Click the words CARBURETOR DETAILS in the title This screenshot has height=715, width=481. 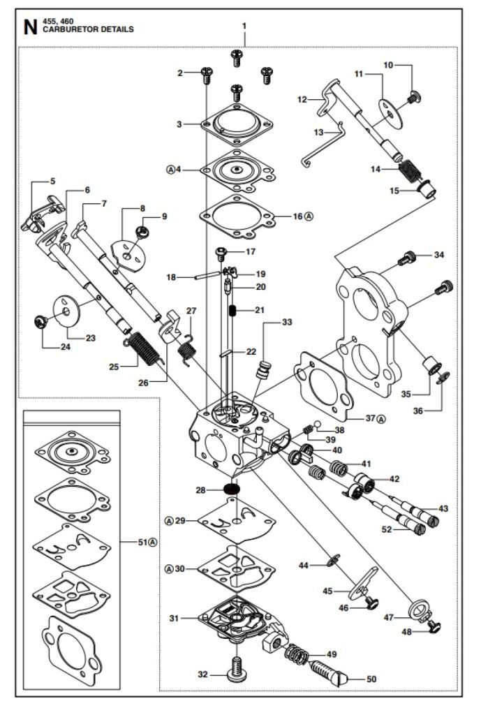click(x=88, y=30)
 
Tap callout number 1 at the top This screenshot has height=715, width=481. click(x=244, y=26)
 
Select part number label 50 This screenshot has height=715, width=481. click(x=371, y=679)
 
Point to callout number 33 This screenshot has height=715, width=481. click(x=288, y=323)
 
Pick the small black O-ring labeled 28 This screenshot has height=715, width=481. click(x=230, y=489)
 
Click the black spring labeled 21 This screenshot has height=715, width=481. click(x=235, y=311)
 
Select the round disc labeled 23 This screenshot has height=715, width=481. click(x=67, y=312)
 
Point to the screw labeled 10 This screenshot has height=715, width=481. click(x=413, y=96)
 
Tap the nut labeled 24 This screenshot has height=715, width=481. click(x=40, y=321)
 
